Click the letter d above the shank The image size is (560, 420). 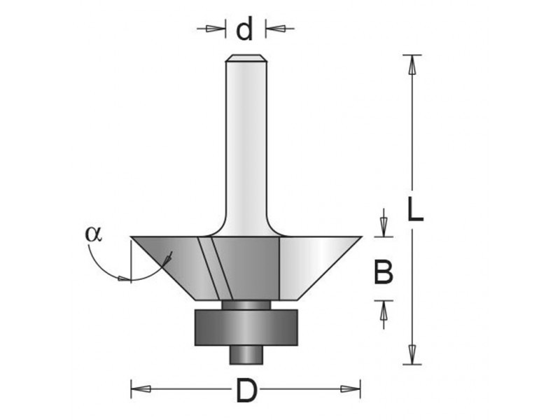(245, 29)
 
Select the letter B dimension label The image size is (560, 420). (383, 272)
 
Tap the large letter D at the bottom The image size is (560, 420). (246, 391)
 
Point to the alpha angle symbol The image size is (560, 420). (94, 234)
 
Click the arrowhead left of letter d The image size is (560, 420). (216, 28)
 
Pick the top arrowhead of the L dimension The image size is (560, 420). (412, 64)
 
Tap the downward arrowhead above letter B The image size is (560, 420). (384, 227)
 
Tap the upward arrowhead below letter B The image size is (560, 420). (384, 310)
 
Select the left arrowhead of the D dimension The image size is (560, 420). (141, 389)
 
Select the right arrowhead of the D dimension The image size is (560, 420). (351, 389)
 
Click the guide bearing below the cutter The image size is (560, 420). (246, 328)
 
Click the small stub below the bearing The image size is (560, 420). (246, 355)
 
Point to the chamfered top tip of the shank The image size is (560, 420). (246, 58)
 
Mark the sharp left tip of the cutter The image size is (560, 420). (131, 237)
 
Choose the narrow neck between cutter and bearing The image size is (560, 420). (246, 304)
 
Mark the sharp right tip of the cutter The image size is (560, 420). (362, 237)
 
